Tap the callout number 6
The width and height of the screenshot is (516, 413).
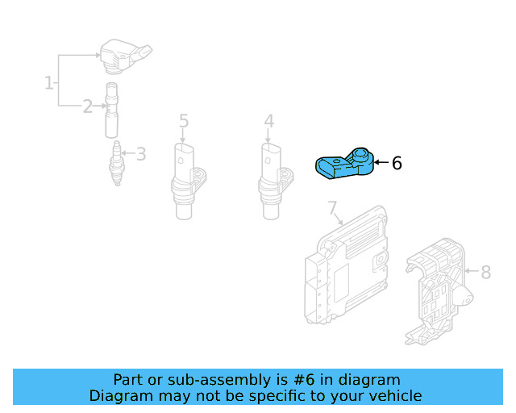coord(396,164)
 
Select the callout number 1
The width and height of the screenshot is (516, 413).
coord(49,82)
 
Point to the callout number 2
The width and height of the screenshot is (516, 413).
coord(87,106)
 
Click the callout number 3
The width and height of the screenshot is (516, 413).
coord(140,153)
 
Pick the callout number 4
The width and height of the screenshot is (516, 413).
coord(268,122)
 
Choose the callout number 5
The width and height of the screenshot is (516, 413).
coord(184,122)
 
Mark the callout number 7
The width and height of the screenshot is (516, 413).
coord(332,209)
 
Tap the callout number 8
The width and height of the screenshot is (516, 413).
coord(485,273)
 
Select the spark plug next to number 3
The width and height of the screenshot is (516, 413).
coord(118,163)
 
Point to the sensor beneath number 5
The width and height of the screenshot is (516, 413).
coord(185,179)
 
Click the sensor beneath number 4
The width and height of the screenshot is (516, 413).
coord(271,179)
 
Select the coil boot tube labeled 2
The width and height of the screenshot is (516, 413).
coord(111,111)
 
